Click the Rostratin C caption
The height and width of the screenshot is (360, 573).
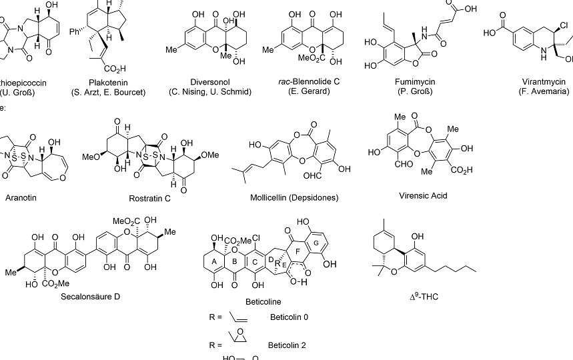[151, 198]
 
